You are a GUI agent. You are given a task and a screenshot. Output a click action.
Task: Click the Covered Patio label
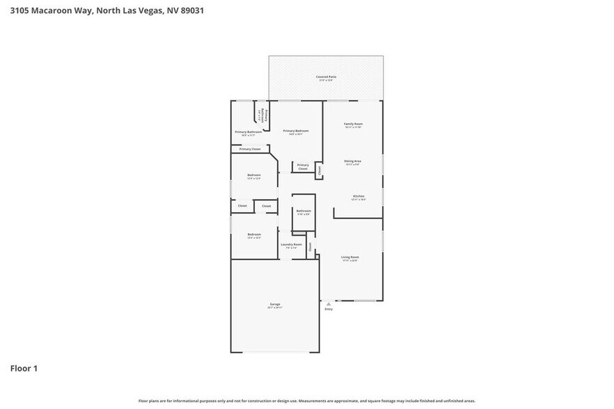(326, 77)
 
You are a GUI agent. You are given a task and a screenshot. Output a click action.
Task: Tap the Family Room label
(353, 124)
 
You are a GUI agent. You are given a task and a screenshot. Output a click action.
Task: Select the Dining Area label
(352, 161)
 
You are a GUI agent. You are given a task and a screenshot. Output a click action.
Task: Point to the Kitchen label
(359, 197)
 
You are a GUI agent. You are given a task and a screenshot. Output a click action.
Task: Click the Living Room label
(349, 257)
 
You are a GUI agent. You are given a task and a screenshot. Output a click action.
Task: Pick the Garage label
(275, 304)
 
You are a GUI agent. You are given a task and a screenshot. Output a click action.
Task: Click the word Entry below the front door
(329, 309)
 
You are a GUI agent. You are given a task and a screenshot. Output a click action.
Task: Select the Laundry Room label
(291, 244)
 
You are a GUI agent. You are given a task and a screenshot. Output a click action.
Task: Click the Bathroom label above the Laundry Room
(304, 211)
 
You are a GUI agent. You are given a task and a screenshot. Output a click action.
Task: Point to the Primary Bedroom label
(295, 131)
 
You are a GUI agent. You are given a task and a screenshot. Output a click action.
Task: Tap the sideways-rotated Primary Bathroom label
(260, 115)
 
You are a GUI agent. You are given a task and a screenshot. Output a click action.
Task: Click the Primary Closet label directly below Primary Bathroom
(250, 149)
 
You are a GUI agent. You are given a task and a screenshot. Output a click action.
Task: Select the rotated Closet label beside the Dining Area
(319, 169)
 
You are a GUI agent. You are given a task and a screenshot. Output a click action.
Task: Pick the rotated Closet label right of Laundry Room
(310, 246)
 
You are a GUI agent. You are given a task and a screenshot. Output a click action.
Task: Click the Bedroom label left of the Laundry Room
(254, 234)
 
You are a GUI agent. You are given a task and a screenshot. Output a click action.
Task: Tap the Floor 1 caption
(23, 368)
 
